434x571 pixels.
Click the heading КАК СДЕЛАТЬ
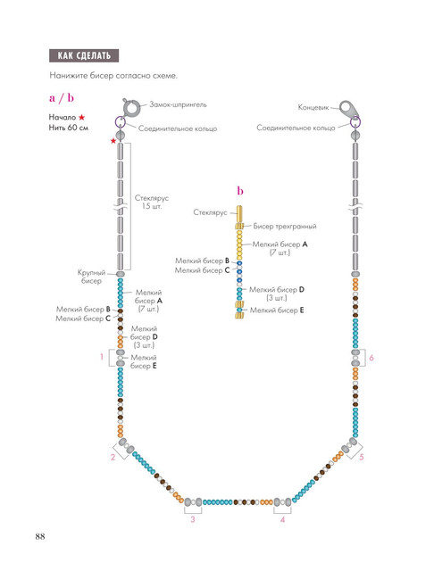(x=84, y=55)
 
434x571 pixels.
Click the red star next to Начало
(x=81, y=117)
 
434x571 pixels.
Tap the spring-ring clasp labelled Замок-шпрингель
(x=131, y=108)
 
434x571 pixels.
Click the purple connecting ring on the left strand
(x=121, y=121)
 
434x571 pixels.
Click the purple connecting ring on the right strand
(x=355, y=122)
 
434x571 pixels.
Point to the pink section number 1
(x=102, y=357)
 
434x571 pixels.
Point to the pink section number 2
(x=113, y=457)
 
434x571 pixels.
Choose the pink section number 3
(x=193, y=519)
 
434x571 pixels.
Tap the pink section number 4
(x=282, y=519)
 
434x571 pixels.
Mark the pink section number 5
(x=362, y=457)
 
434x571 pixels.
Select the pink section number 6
(x=371, y=358)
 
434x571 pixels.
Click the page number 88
(x=40, y=536)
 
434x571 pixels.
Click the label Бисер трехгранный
(x=285, y=226)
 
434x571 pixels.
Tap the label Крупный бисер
(x=91, y=277)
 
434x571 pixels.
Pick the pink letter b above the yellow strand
(x=240, y=190)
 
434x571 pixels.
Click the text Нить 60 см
(x=69, y=128)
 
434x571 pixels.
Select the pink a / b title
(x=62, y=97)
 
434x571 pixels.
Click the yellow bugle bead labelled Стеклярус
(x=239, y=214)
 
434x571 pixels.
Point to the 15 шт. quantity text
(x=151, y=206)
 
